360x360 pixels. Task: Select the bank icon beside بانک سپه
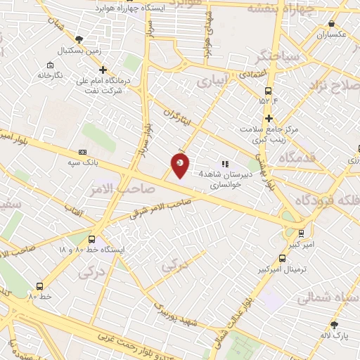[83, 152]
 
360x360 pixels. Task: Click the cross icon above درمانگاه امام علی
[103, 70]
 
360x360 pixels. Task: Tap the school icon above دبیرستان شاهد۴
[225, 165]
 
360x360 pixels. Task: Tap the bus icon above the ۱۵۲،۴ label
[268, 91]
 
